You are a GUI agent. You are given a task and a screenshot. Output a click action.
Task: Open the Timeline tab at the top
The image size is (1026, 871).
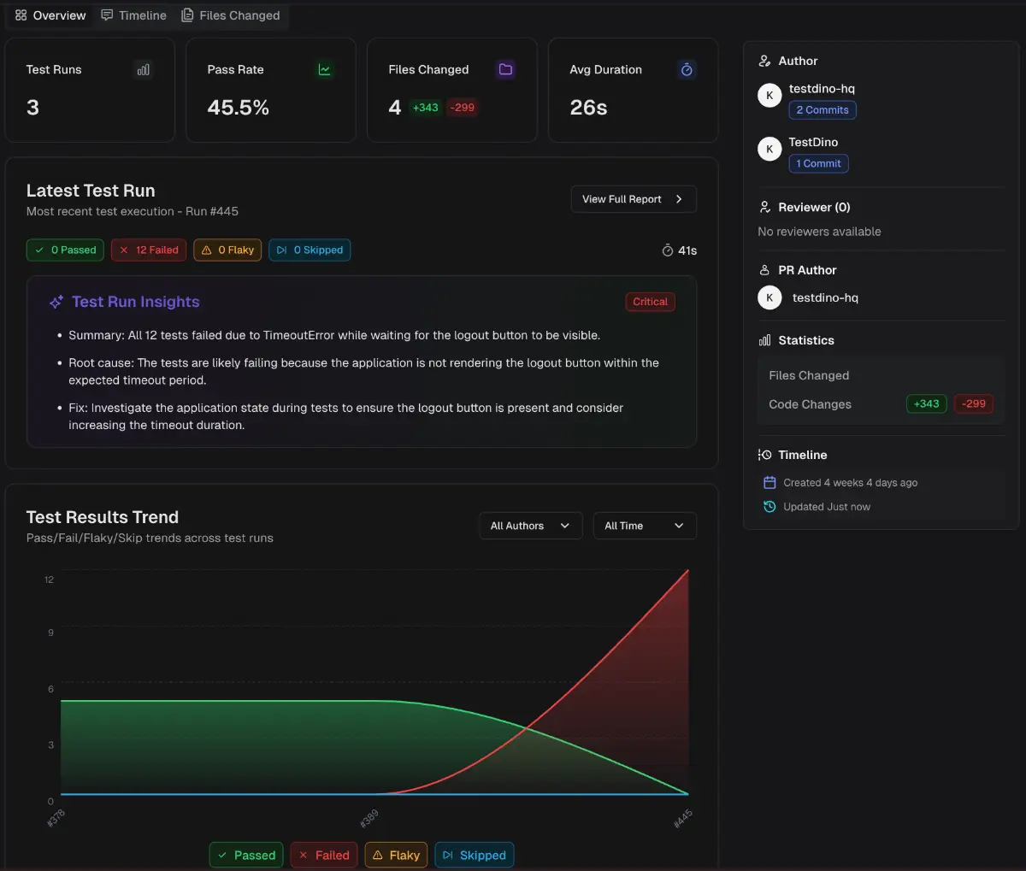pyautogui.click(x=133, y=15)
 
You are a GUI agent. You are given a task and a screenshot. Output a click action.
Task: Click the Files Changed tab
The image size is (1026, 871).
pyautogui.click(x=230, y=15)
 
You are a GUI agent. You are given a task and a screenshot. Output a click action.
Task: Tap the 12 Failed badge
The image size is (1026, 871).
pyautogui.click(x=149, y=250)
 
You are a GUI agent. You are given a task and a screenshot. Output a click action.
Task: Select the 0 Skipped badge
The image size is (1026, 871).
pyautogui.click(x=310, y=250)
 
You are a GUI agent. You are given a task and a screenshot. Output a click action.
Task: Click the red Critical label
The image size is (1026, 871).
pyautogui.click(x=650, y=302)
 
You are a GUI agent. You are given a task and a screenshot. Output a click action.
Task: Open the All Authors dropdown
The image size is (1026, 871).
pyautogui.click(x=531, y=526)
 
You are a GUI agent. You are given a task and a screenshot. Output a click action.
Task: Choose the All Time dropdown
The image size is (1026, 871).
pyautogui.click(x=645, y=526)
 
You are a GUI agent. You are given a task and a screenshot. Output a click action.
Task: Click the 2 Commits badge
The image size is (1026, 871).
pyautogui.click(x=822, y=109)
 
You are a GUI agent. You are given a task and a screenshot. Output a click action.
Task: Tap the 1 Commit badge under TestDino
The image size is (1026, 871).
pyautogui.click(x=818, y=163)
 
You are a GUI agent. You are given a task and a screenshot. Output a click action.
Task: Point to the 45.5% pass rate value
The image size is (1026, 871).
pyautogui.click(x=239, y=107)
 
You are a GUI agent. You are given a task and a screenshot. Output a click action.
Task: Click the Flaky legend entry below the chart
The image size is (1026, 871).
pyautogui.click(x=396, y=855)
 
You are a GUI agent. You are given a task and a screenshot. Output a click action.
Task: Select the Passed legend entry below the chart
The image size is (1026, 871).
pyautogui.click(x=246, y=855)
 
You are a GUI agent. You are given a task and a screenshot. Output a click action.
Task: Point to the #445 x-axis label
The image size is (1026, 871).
pyautogui.click(x=682, y=818)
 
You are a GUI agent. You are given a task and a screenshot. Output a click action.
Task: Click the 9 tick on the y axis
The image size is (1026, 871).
pyautogui.click(x=50, y=633)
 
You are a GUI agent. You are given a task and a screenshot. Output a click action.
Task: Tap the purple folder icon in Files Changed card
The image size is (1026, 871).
pyautogui.click(x=505, y=69)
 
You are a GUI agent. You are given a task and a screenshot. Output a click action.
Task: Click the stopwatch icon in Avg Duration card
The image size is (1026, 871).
pyautogui.click(x=687, y=69)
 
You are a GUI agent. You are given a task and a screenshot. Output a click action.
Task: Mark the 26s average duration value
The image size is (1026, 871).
pyautogui.click(x=588, y=107)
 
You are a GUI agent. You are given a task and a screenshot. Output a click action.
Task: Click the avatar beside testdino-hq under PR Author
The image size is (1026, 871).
pyautogui.click(x=769, y=297)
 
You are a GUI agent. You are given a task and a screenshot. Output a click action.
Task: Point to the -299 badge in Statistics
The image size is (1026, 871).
pyautogui.click(x=973, y=403)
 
